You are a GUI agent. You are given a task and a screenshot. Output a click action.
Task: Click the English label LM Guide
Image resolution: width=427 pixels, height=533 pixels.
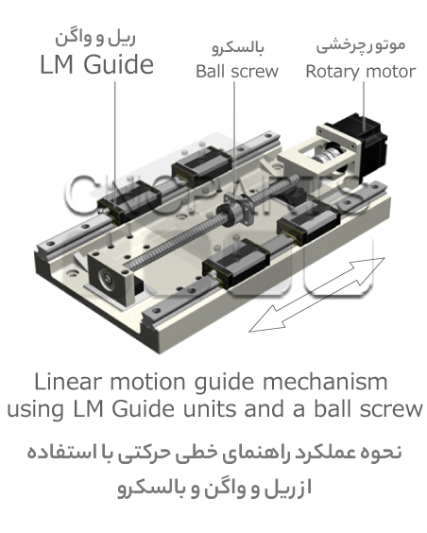pos(96,64)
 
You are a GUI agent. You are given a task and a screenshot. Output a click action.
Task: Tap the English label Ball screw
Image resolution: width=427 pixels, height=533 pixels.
pos(237,72)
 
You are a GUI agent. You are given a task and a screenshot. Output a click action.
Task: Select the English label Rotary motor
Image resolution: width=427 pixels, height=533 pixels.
pos(361,72)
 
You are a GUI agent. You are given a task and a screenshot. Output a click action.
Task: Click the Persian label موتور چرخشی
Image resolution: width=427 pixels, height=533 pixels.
pos(361,46)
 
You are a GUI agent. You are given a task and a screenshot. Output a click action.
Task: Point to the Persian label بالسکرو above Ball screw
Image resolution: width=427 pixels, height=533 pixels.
pos(238,48)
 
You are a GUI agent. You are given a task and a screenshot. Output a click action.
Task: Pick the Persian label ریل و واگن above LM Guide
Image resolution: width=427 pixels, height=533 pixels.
pos(95,38)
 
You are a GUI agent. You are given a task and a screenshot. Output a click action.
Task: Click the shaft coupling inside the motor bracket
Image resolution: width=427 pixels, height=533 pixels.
pos(325,156)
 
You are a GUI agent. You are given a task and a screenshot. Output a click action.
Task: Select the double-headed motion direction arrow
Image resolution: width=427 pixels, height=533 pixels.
pos(316,294)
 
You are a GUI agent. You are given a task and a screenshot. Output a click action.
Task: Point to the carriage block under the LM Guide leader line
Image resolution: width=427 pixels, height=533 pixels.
pos(129,202)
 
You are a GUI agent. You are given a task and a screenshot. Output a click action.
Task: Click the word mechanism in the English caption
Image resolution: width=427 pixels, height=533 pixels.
pos(325,382)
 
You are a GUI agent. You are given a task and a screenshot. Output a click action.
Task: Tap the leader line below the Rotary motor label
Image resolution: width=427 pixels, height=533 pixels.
pos(364,106)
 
